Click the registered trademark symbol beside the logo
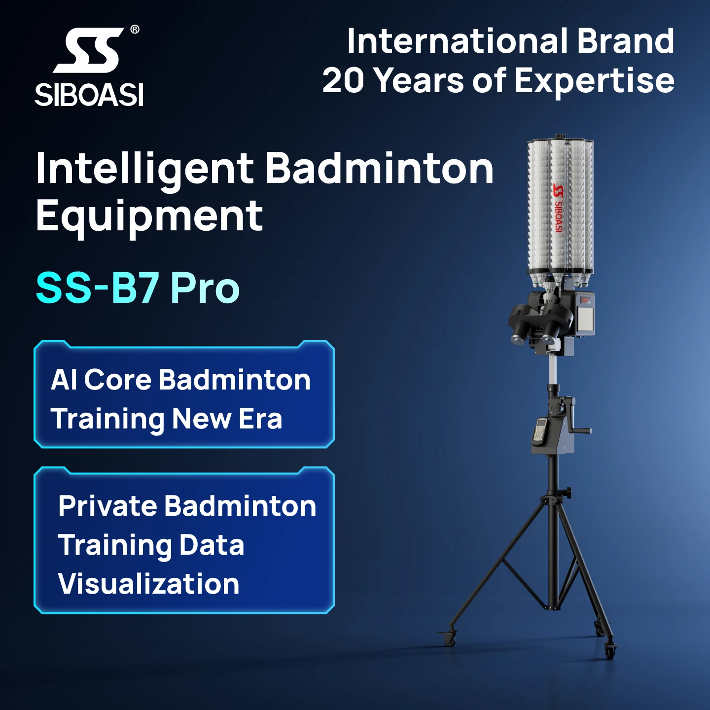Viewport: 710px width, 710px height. (135, 30)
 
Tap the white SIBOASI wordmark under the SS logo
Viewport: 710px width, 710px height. (89, 95)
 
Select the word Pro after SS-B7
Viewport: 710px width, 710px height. (205, 288)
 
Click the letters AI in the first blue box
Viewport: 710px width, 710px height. (64, 380)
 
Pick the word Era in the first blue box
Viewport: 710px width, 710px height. (260, 419)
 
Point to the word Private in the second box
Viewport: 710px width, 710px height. (107, 506)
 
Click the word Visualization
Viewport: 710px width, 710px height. (148, 584)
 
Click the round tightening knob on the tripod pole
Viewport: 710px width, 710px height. (568, 492)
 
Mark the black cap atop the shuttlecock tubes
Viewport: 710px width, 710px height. (559, 137)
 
